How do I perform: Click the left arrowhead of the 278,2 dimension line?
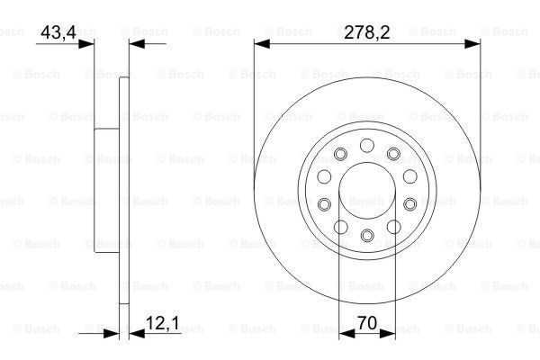coord(260,42)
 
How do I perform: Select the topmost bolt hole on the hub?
coord(367,145)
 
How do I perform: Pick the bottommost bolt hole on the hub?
coord(367,236)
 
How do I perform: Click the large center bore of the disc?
coord(367,190)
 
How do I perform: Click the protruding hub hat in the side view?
coord(106,190)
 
